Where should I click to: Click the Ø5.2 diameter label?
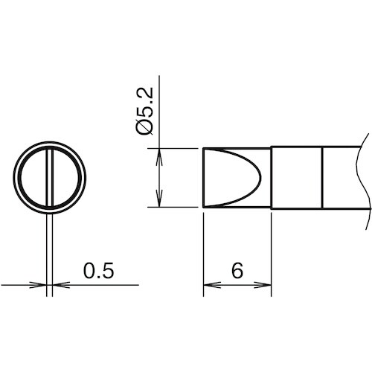point(144,112)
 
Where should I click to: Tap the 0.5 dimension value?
point(98,270)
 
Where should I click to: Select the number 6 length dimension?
point(237,270)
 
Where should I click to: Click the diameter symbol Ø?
point(144,127)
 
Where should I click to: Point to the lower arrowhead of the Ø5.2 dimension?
point(159,199)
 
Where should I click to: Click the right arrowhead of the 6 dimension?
point(263,285)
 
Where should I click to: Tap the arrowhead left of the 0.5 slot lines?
point(38,285)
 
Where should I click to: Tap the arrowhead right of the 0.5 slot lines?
point(61,285)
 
